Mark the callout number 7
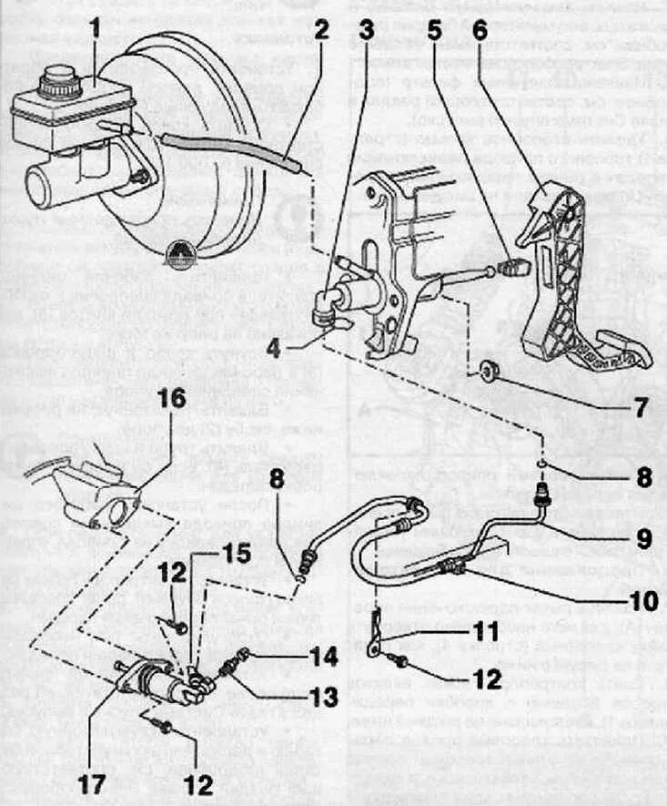641,406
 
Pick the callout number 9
642,537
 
